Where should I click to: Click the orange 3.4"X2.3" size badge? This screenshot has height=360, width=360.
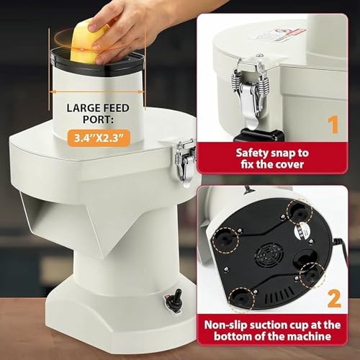pos(99,138)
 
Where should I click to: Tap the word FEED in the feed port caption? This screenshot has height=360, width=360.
pos(115,108)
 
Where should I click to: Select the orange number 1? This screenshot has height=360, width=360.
pos(333,125)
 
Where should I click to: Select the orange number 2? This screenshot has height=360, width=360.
pos(334,299)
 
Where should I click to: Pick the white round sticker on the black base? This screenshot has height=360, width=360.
pos(301,231)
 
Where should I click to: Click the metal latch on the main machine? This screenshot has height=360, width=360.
pos(185,161)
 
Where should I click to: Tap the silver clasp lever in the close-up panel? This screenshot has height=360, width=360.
pos(251,96)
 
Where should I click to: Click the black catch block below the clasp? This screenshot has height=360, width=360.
pos(258,135)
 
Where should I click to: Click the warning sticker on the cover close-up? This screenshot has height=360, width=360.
pos(279,35)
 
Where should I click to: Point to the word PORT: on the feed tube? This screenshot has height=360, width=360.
pos(98,120)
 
